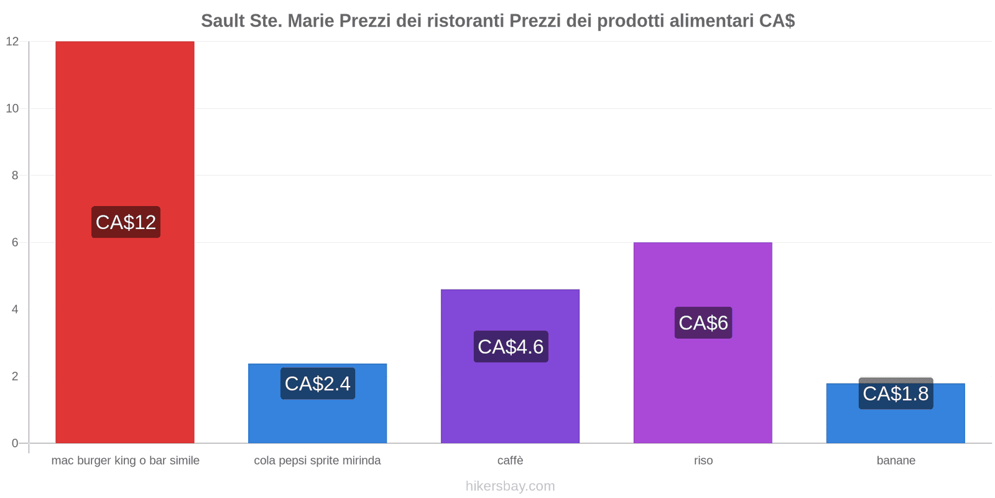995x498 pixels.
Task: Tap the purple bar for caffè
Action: pyautogui.click(x=510, y=398)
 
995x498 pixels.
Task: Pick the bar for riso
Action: pyautogui.click(x=703, y=386)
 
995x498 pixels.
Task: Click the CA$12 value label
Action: pyautogui.click(x=126, y=222)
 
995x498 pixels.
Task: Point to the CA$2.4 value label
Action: pyautogui.click(x=317, y=383)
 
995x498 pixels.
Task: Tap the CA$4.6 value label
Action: pyautogui.click(x=511, y=347)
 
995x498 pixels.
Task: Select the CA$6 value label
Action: pyautogui.click(x=703, y=322)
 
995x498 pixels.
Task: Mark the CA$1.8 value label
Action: pyautogui.click(x=895, y=393)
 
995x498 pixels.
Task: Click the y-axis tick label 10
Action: pyautogui.click(x=12, y=108)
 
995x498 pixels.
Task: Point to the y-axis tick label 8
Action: pyautogui.click(x=16, y=176)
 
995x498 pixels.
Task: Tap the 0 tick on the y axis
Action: pyautogui.click(x=16, y=443)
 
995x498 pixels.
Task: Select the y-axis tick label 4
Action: pyautogui.click(x=16, y=309)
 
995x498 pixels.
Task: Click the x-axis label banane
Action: pyautogui.click(x=895, y=461)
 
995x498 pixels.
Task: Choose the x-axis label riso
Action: pyautogui.click(x=703, y=461)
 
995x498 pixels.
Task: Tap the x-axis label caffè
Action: pyautogui.click(x=510, y=461)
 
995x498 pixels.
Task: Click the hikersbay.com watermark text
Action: pyautogui.click(x=510, y=486)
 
